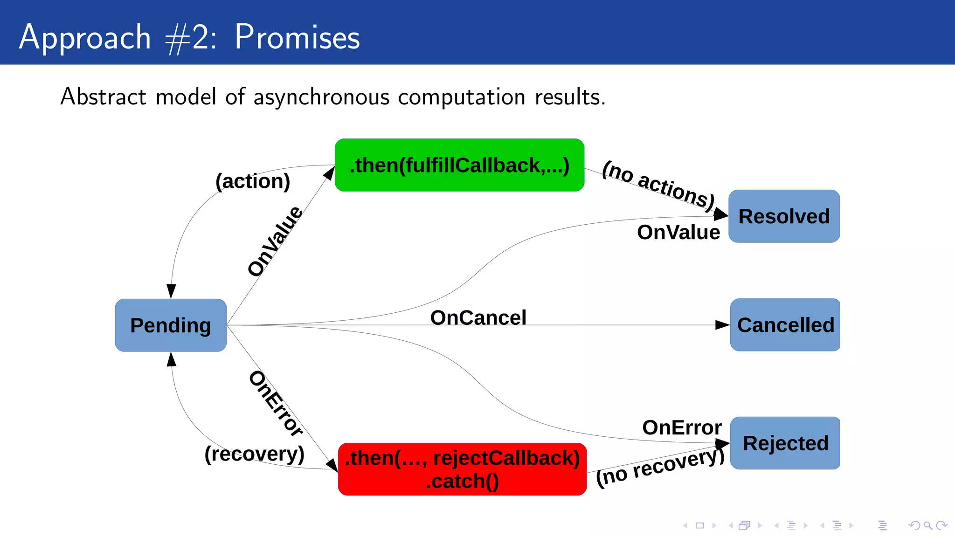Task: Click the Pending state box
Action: tap(171, 325)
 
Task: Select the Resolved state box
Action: tap(784, 216)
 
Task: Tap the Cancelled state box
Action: tap(785, 325)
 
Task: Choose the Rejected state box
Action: tap(785, 443)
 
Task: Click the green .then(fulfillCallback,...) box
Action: tap(459, 165)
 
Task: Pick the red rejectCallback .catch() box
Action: tap(462, 469)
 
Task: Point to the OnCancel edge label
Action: tap(478, 317)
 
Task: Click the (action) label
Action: tap(253, 181)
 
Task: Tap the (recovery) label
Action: tap(254, 454)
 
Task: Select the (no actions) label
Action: tap(658, 185)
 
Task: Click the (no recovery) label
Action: tap(659, 467)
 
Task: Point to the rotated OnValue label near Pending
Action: tap(275, 241)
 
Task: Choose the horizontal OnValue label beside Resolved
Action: tap(678, 232)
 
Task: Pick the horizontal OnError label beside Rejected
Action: tap(681, 427)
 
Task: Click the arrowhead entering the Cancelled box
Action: tap(722, 325)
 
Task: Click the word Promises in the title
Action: tap(297, 37)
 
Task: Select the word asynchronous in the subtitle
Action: tap(321, 97)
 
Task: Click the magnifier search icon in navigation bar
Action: tap(928, 525)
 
